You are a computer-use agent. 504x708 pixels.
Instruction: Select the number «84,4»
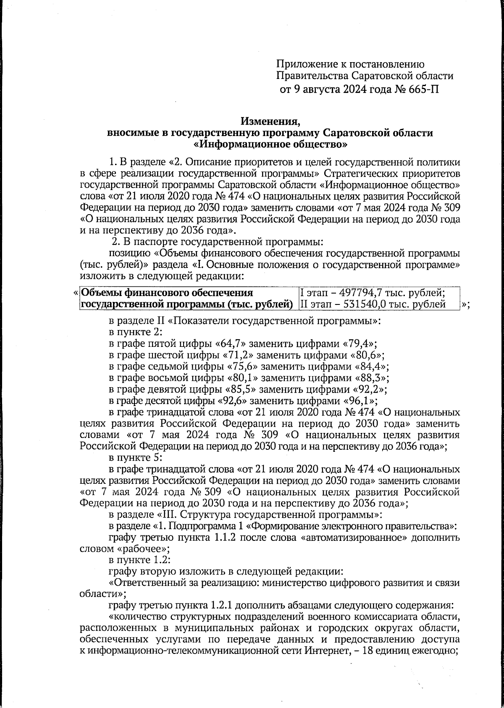[x=372, y=366]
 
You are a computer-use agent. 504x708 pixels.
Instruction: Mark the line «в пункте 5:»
[x=133, y=457]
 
